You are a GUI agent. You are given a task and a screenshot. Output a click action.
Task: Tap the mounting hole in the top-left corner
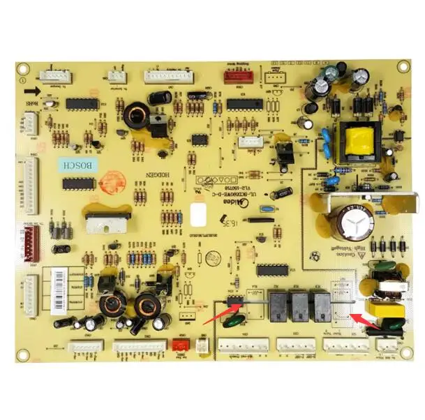[22, 68]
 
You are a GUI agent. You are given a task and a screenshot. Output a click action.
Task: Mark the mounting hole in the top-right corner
[403, 66]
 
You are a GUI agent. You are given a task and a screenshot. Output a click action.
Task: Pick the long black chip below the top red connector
[239, 104]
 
